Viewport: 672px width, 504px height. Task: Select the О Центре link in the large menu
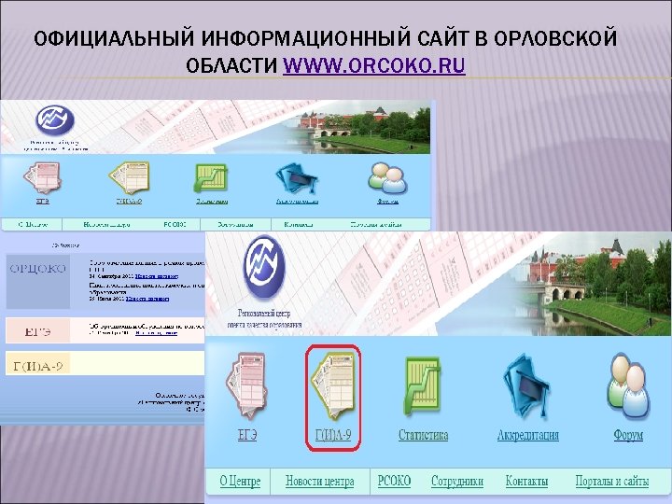tap(241, 482)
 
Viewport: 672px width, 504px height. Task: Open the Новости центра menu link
tap(319, 482)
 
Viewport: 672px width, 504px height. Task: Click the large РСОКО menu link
tap(394, 482)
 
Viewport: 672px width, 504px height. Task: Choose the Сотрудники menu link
tap(457, 482)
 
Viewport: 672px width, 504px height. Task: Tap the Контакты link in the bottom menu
tap(526, 482)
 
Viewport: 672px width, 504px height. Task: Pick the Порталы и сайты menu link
tap(612, 482)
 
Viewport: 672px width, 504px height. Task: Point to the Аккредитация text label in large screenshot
tap(527, 436)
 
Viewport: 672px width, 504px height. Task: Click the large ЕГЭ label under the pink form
tap(246, 436)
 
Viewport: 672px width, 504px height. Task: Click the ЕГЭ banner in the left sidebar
tap(37, 329)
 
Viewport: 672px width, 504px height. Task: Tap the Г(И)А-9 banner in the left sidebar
tap(37, 363)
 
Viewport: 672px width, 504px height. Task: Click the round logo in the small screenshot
tap(54, 119)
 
